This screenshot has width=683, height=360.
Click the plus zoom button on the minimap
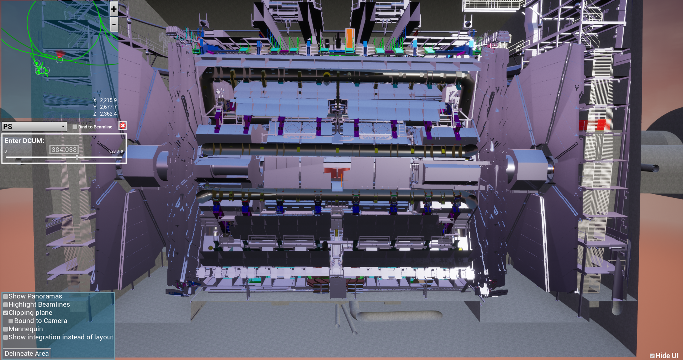[x=114, y=9]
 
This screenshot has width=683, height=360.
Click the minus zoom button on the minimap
[x=114, y=25]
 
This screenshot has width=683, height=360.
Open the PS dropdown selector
[x=34, y=126]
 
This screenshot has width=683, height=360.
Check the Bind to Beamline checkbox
[x=75, y=127]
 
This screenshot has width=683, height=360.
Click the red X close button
[x=123, y=126]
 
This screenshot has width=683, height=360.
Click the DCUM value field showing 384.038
[x=64, y=150]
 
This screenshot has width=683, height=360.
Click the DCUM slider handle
[x=77, y=157]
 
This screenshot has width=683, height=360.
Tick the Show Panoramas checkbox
[x=6, y=296]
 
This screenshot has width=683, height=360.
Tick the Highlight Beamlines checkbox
[x=6, y=305]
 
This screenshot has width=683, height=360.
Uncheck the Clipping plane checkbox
[x=6, y=313]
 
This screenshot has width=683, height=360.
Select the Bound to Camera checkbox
[x=11, y=321]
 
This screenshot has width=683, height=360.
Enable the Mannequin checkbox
[x=6, y=329]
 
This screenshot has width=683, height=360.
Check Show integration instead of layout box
[x=6, y=337]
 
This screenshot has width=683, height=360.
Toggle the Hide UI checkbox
[x=652, y=356]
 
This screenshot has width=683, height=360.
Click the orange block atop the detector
[x=349, y=38]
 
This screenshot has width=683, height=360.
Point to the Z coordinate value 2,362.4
[x=108, y=114]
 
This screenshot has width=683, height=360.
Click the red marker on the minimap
[x=60, y=53]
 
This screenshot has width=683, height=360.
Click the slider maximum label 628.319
[x=116, y=151]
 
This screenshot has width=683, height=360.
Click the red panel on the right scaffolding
[x=594, y=125]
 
